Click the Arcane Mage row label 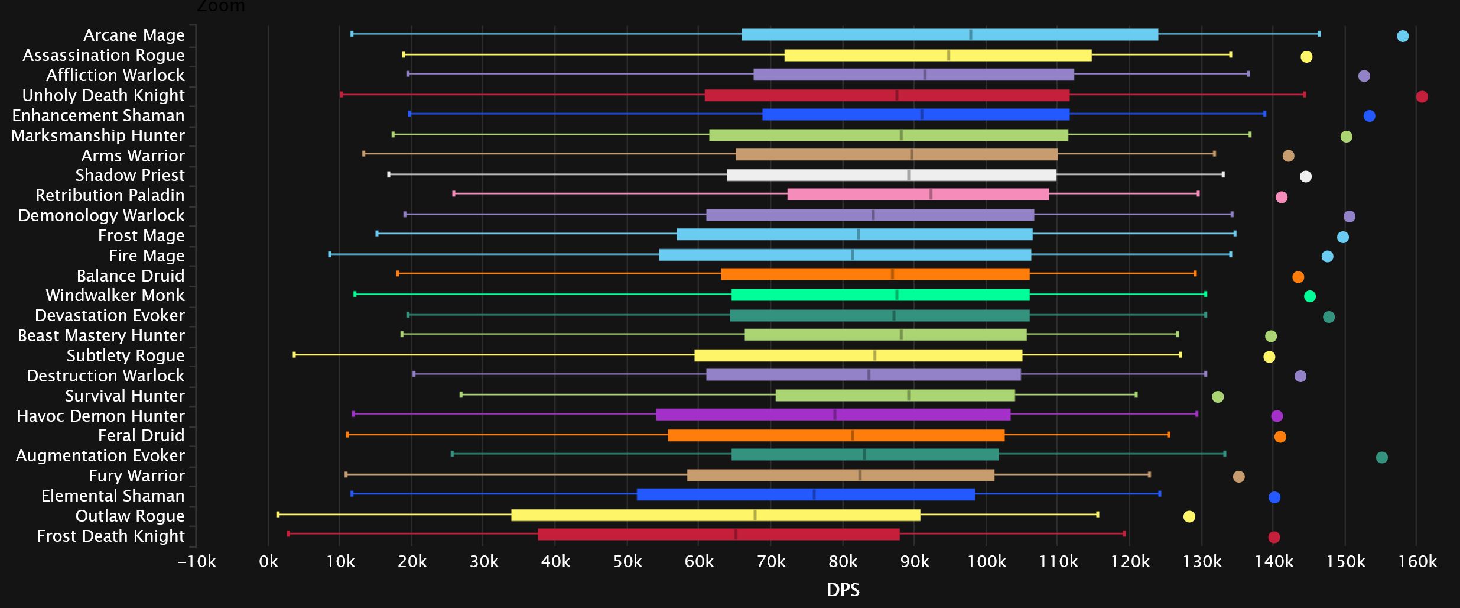click(134, 35)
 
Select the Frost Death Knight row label click(110, 536)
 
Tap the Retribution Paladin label click(110, 195)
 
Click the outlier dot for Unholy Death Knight click(1422, 96)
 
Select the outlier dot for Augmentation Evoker click(1381, 457)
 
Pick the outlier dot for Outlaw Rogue click(1189, 516)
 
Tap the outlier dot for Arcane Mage click(1402, 36)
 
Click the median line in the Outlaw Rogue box click(755, 515)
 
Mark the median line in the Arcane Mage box click(970, 34)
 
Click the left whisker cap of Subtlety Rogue click(294, 355)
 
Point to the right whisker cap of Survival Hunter click(1136, 394)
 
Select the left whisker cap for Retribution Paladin click(453, 193)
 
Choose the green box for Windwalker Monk click(880, 295)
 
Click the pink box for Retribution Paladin click(918, 194)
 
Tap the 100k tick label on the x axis click(986, 561)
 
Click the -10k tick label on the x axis click(197, 561)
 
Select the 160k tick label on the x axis click(1417, 561)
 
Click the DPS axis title click(843, 590)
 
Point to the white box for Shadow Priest click(891, 175)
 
